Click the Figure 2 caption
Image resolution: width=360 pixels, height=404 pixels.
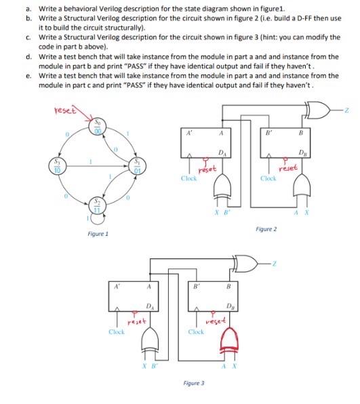(x=266, y=229)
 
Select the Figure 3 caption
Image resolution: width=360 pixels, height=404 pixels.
(x=193, y=383)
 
